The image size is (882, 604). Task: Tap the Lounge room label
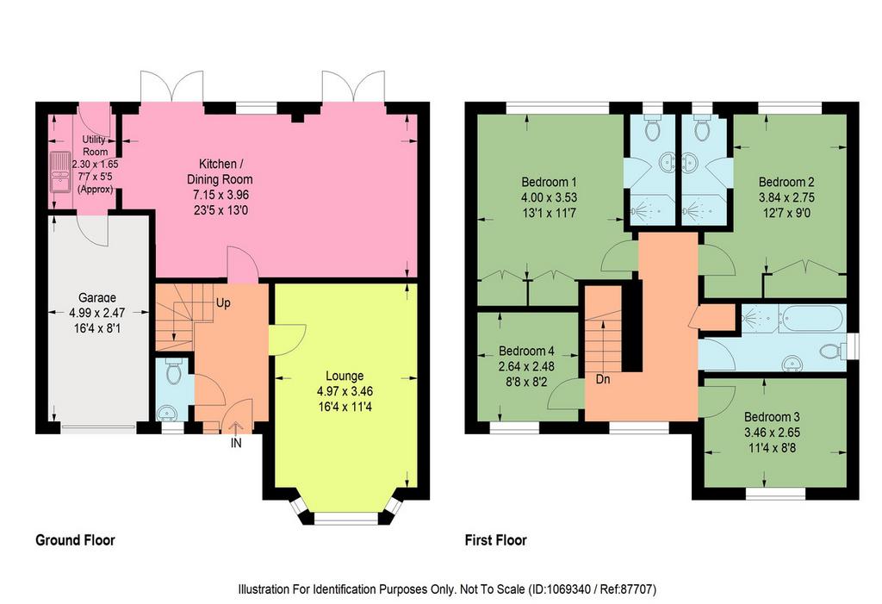(x=345, y=376)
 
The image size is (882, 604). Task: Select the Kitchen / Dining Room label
(x=220, y=171)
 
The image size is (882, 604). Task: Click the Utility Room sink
(x=59, y=171)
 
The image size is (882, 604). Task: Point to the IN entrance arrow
(x=236, y=430)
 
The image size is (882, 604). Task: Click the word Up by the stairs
(x=223, y=302)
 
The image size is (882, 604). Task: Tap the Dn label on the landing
(x=603, y=379)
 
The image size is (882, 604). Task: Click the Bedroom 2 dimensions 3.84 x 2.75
(x=786, y=197)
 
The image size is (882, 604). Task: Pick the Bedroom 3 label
(x=772, y=417)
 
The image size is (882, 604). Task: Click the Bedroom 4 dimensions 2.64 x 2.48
(x=526, y=366)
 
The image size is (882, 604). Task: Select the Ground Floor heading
(x=76, y=540)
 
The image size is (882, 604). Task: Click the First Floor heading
(x=495, y=540)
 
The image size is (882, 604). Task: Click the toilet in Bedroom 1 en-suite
(x=653, y=128)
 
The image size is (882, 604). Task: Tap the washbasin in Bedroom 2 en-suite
(x=691, y=163)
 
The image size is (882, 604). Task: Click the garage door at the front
(x=99, y=427)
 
